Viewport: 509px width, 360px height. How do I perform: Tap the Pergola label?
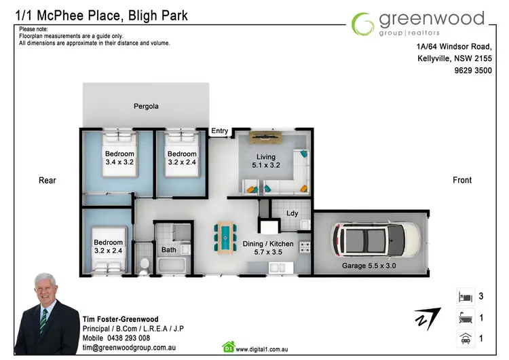pos(146,106)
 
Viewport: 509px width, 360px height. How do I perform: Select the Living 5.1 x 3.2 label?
pos(266,161)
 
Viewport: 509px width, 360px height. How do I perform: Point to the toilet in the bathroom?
pos(144,263)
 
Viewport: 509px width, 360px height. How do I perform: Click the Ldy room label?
pos(292,213)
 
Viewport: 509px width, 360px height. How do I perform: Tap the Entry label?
pos(220,131)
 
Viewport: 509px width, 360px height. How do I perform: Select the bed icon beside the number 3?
pos(465,297)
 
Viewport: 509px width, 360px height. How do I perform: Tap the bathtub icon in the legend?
pos(465,317)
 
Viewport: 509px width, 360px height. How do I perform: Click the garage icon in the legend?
pos(465,338)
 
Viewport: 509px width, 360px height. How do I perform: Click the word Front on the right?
pos(461,180)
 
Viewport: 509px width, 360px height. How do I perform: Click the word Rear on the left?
pos(48,180)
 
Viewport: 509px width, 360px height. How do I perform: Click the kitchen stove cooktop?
pos(305,247)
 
